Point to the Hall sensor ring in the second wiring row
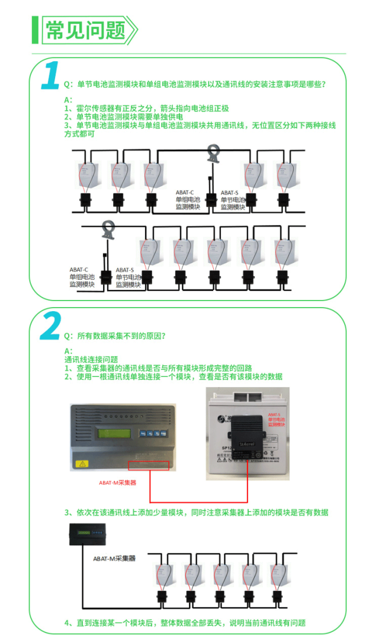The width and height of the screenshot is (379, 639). [x=108, y=229]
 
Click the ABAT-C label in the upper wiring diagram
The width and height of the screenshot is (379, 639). [x=185, y=193]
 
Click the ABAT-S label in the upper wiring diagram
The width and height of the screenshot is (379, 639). [x=230, y=193]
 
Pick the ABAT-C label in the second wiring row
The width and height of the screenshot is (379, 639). [x=79, y=270]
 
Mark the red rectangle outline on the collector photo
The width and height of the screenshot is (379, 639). [x=149, y=464]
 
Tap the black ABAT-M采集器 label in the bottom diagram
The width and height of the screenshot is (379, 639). [x=114, y=558]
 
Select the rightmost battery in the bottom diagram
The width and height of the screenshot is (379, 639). [x=278, y=574]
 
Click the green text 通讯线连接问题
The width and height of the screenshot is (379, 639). [x=91, y=359]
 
